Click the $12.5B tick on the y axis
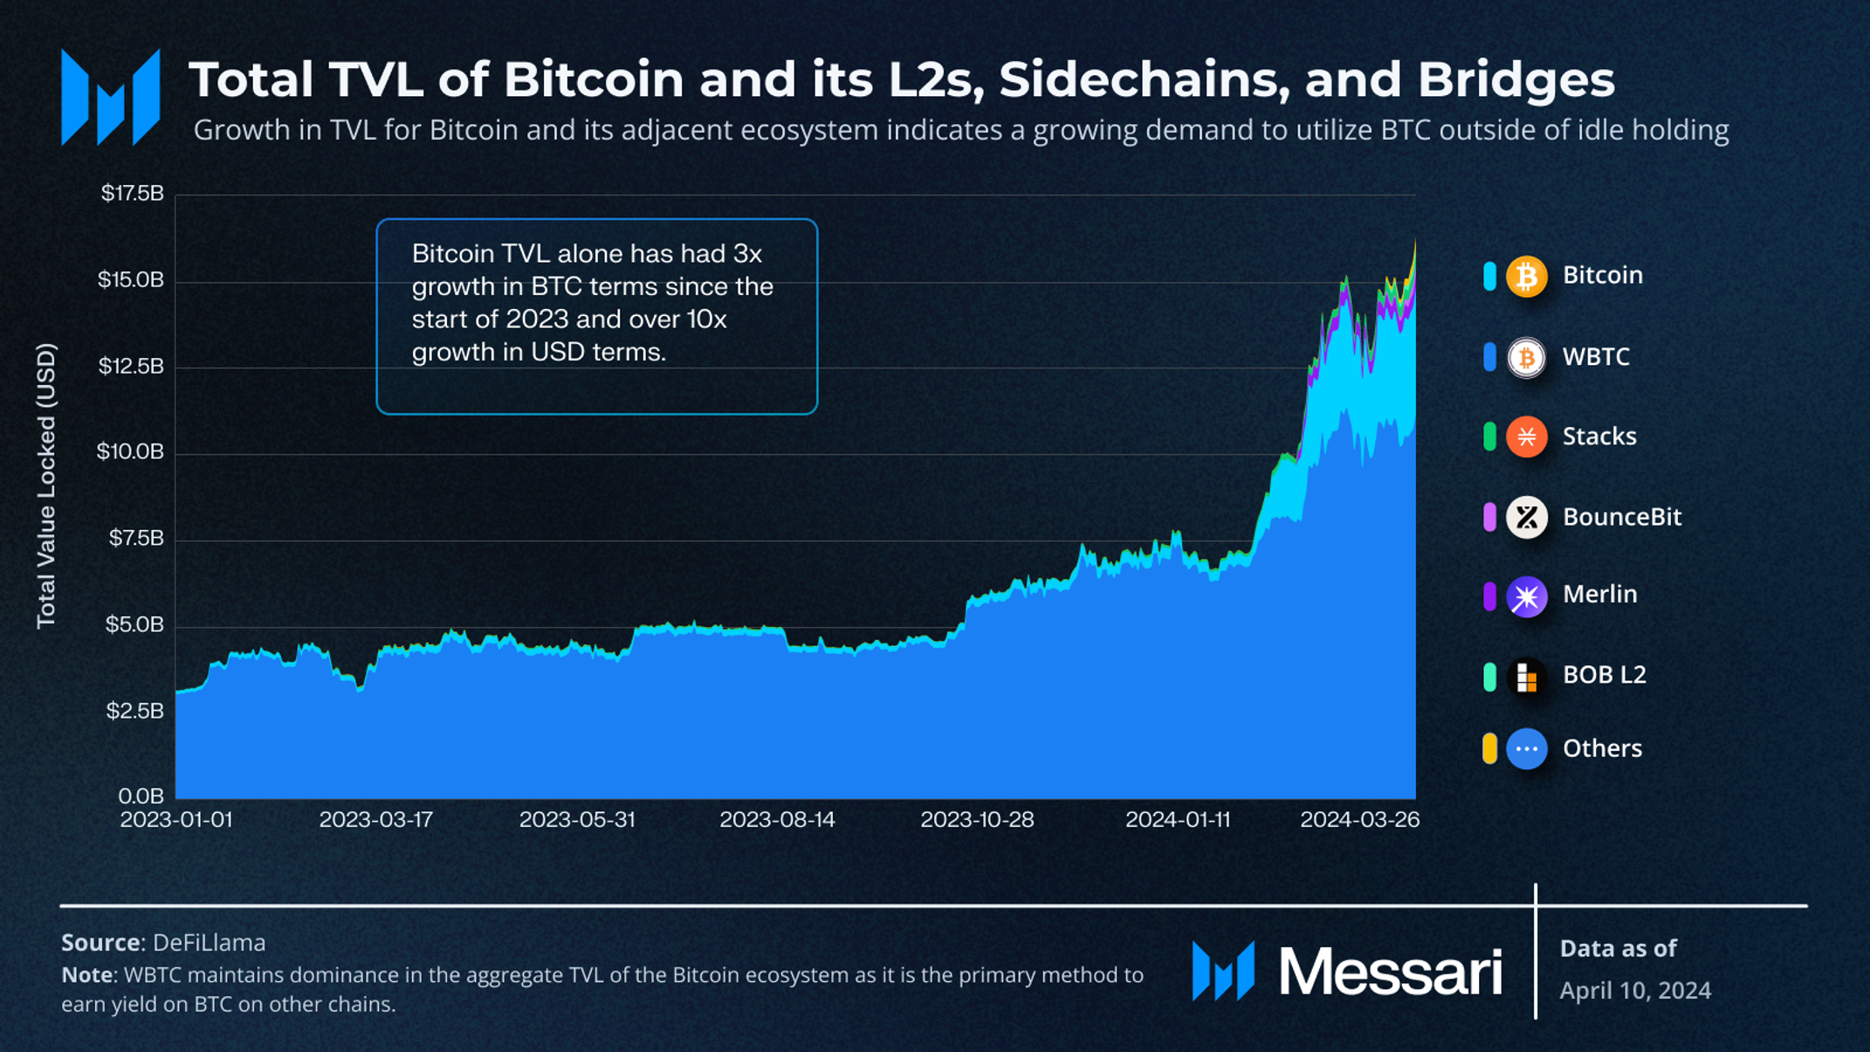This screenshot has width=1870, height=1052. point(131,366)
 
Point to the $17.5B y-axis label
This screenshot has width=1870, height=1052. point(132,193)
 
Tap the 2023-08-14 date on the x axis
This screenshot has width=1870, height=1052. point(777,820)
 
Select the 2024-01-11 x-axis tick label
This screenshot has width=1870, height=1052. point(1178,820)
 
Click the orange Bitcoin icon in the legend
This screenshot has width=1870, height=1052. point(1526,276)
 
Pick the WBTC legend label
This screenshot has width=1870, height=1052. point(1595,356)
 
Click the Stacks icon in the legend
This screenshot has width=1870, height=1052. point(1526,437)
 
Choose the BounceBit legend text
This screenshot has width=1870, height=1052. point(1621,517)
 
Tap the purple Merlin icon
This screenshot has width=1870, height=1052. point(1526,596)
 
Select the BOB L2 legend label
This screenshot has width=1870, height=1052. point(1604,675)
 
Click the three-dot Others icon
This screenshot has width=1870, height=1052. point(1526,749)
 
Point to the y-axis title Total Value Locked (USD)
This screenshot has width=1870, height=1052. point(46,485)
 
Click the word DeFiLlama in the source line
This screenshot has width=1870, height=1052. point(209,943)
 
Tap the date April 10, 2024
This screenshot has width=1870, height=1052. point(1634,991)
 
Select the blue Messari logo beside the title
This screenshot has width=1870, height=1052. point(111,98)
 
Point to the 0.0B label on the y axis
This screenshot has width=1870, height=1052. point(141,796)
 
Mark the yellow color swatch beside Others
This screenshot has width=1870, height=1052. point(1489,749)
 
